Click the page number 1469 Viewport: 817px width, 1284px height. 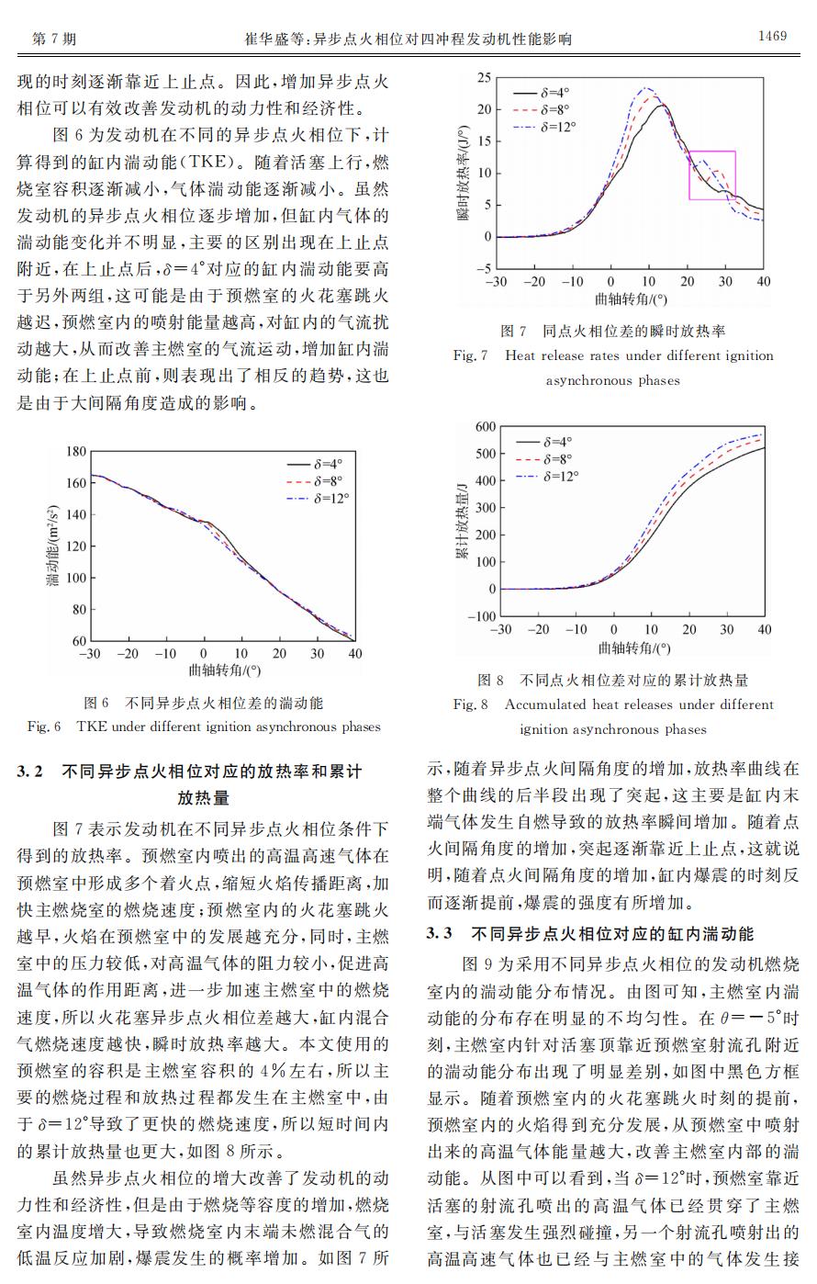pyautogui.click(x=772, y=37)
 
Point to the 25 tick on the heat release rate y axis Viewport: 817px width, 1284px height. pyautogui.click(x=484, y=78)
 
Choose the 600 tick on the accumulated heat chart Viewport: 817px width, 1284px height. pyautogui.click(x=484, y=427)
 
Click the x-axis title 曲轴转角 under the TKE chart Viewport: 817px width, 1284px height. pyautogui.click(x=224, y=671)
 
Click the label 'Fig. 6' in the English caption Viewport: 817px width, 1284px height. pyautogui.click(x=43, y=726)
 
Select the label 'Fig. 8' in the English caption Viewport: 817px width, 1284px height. pyautogui.click(x=470, y=704)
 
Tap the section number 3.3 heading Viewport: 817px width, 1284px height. pyautogui.click(x=440, y=934)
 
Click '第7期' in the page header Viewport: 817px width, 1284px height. pyautogui.click(x=54, y=39)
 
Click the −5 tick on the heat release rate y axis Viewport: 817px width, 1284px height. pyautogui.click(x=483, y=268)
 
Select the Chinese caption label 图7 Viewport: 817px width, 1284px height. pyautogui.click(x=512, y=331)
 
